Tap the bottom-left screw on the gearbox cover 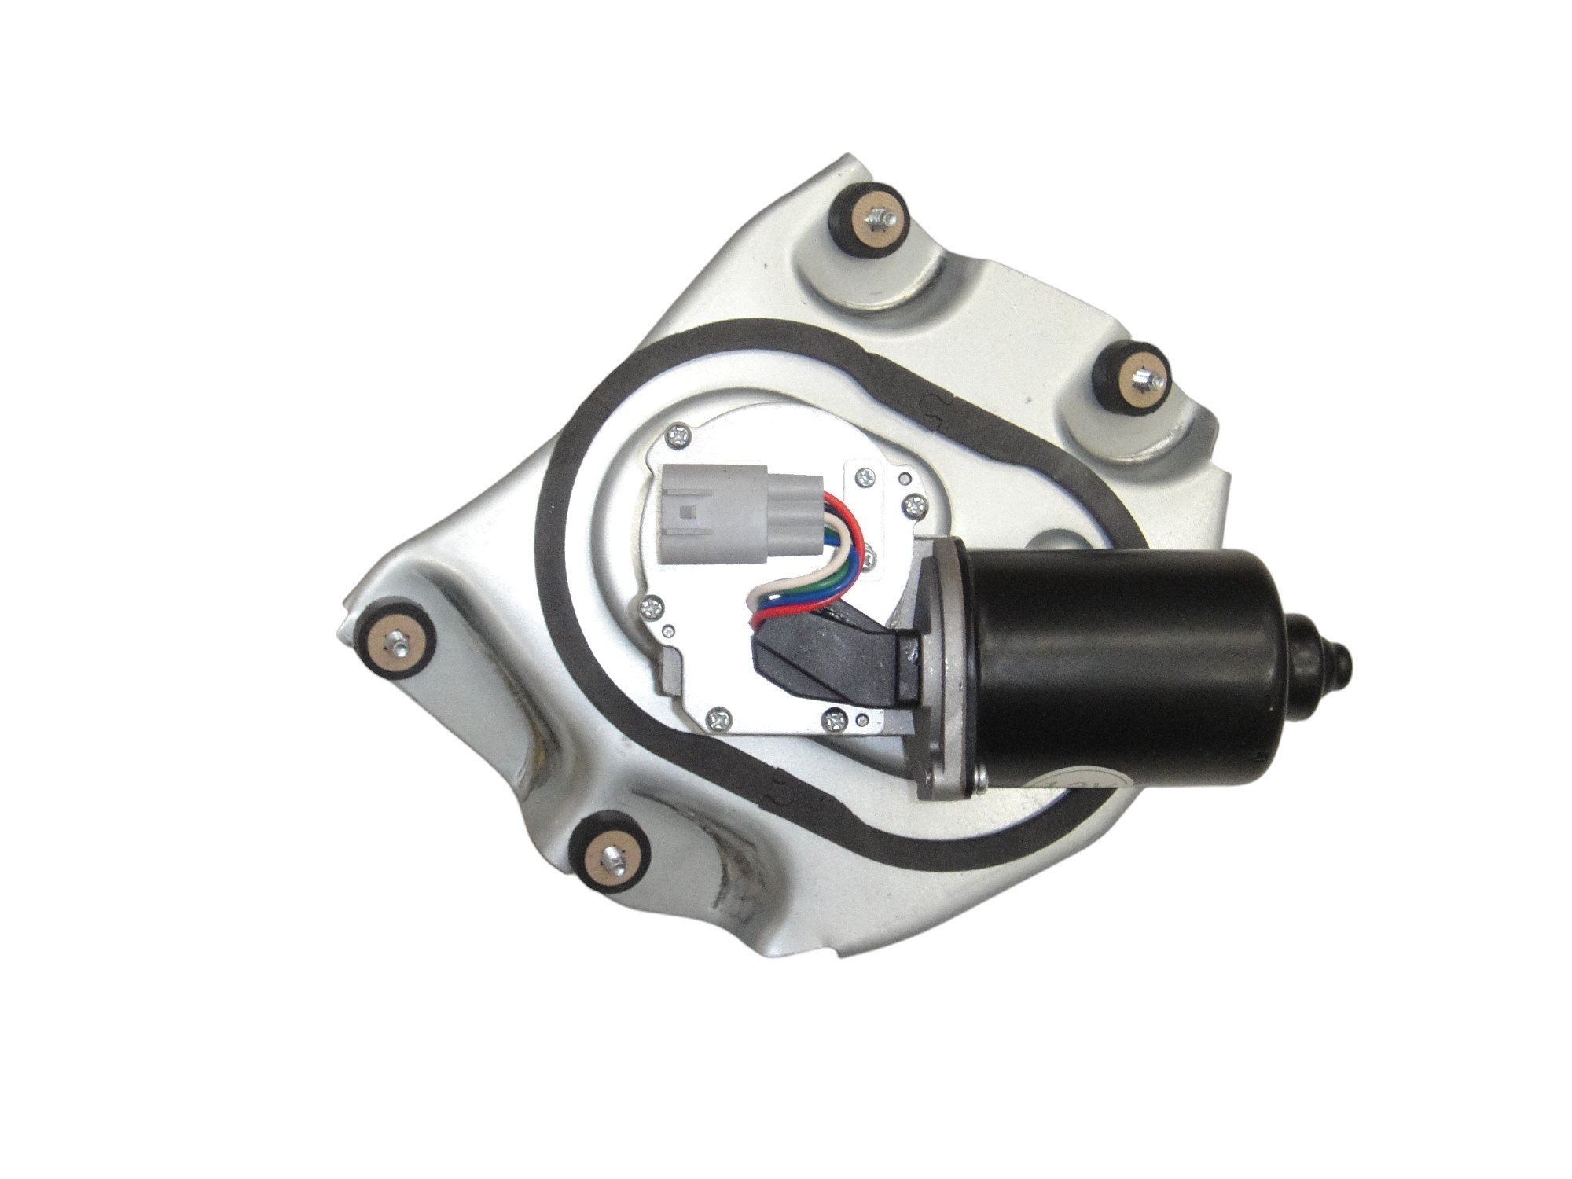pos(720,717)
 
